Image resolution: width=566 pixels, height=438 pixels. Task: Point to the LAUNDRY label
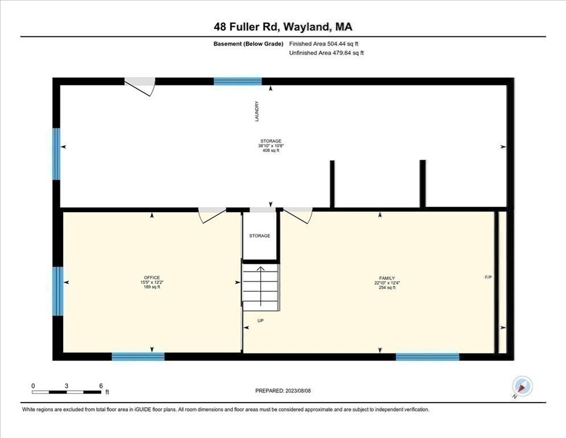(257, 111)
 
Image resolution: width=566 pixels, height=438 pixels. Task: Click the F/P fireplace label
(488, 277)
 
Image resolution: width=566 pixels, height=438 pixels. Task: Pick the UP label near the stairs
(260, 321)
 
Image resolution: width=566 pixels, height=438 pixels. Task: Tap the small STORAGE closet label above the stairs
(260, 236)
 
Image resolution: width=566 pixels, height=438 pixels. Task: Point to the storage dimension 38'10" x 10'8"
(270, 145)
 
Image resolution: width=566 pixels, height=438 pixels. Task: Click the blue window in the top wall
(238, 82)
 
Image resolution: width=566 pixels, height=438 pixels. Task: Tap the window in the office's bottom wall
(138, 356)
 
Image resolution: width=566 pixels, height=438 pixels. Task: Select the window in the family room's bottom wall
(427, 357)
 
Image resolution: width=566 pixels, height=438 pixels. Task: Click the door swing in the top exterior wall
(141, 86)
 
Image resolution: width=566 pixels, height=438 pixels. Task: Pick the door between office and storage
(212, 214)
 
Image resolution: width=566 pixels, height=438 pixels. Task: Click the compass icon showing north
(522, 386)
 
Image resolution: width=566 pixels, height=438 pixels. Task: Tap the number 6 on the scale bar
(101, 386)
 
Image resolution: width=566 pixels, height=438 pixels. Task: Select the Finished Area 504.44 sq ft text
(324, 43)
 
